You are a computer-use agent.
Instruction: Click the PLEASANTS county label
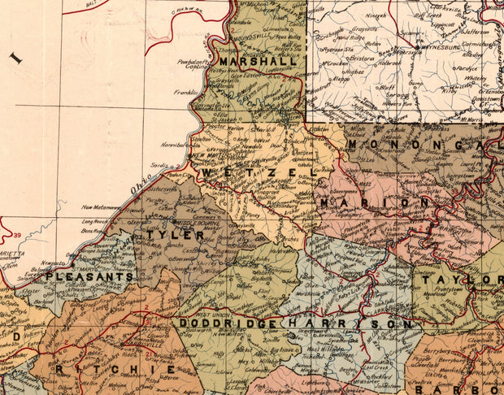[x=89, y=276]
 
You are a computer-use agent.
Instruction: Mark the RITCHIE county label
[x=115, y=369]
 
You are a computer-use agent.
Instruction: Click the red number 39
[x=17, y=236]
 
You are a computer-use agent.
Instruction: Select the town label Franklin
[x=185, y=93]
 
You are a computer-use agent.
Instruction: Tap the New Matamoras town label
[x=100, y=208]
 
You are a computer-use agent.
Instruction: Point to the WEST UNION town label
[x=209, y=315]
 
